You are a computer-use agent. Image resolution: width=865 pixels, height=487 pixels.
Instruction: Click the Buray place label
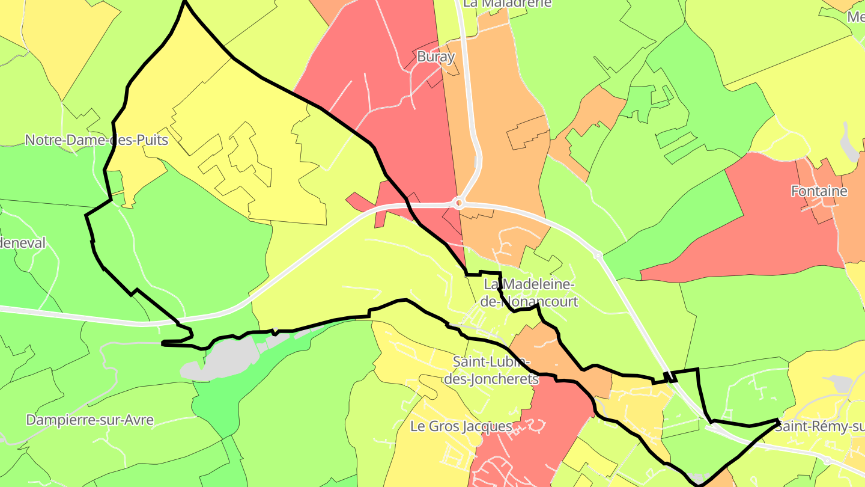(436, 57)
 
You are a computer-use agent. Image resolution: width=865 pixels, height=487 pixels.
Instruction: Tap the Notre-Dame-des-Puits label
(96, 140)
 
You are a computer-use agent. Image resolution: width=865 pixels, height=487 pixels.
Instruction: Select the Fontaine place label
(819, 191)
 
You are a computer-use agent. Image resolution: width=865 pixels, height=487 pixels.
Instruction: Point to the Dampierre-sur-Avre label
(90, 420)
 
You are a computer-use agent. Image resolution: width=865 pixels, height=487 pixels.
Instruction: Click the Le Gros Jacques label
(461, 426)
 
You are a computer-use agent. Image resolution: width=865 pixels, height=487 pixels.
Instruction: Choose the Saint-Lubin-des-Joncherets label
(492, 370)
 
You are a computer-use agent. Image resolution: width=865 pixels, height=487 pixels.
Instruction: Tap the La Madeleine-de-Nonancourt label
(530, 292)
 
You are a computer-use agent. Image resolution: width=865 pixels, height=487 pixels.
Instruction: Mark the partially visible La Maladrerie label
(508, 4)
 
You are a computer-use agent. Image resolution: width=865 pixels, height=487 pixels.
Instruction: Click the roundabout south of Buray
(458, 203)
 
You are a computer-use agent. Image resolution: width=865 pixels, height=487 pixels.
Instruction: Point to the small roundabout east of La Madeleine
(598, 256)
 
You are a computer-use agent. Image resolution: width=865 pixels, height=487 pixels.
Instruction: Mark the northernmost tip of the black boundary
(184, 2)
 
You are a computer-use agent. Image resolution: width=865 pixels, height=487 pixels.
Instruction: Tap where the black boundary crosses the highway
(670, 377)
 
